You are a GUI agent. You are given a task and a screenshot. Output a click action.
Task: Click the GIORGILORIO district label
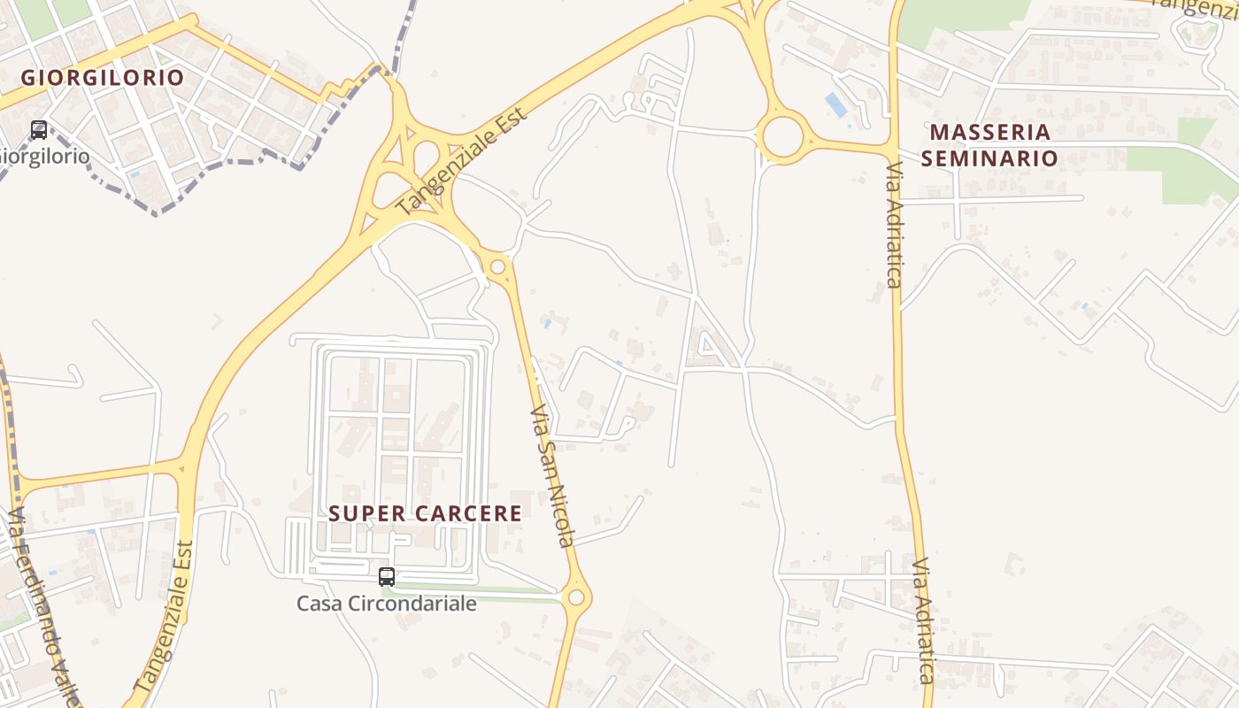click(x=103, y=77)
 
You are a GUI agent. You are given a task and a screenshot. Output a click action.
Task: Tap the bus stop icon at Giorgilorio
click(x=39, y=130)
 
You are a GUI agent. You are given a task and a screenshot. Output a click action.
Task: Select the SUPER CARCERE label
click(x=426, y=513)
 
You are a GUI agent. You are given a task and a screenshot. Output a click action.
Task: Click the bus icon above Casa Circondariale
click(x=387, y=577)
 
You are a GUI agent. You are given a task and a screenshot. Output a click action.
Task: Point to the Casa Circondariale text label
click(x=387, y=604)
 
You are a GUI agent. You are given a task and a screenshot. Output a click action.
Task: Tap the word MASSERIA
click(x=990, y=133)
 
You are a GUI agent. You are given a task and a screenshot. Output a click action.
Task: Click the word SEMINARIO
click(x=989, y=158)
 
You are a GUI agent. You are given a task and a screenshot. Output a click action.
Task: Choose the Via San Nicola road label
click(x=553, y=476)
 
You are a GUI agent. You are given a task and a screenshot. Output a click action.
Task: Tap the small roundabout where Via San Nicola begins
click(x=498, y=265)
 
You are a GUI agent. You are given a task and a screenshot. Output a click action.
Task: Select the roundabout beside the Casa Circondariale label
click(x=576, y=597)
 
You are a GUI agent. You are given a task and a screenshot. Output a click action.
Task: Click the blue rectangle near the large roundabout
click(x=835, y=105)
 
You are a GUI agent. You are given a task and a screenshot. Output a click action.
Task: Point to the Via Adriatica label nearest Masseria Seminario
click(x=894, y=226)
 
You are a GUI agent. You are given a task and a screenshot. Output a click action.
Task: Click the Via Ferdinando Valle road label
click(x=44, y=611)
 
